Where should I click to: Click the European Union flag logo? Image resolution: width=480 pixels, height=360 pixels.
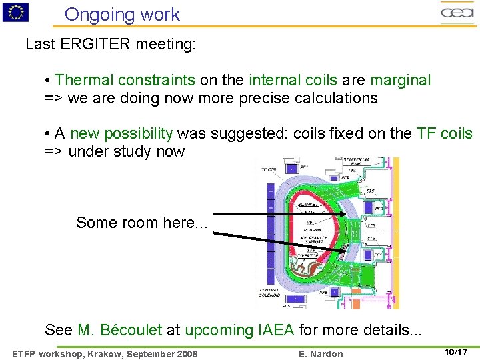click(x=15, y=12)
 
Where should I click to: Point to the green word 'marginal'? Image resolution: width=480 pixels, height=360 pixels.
click(x=401, y=81)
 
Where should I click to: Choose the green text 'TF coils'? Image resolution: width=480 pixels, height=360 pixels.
click(x=444, y=133)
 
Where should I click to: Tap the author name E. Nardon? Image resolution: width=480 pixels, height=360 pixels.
click(x=322, y=353)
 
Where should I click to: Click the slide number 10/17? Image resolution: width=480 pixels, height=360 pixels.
click(x=456, y=351)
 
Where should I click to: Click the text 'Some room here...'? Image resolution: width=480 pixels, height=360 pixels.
click(x=142, y=223)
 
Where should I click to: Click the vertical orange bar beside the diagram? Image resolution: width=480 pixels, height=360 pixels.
click(x=396, y=233)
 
